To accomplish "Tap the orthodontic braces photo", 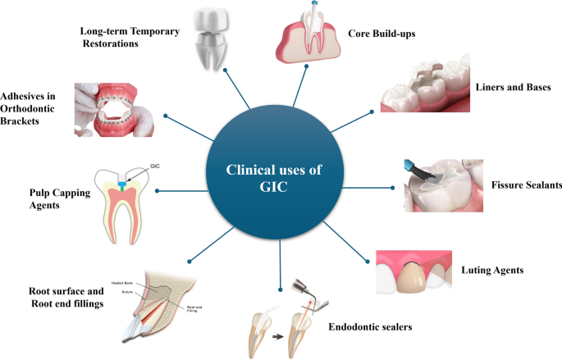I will (x=116, y=108).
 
